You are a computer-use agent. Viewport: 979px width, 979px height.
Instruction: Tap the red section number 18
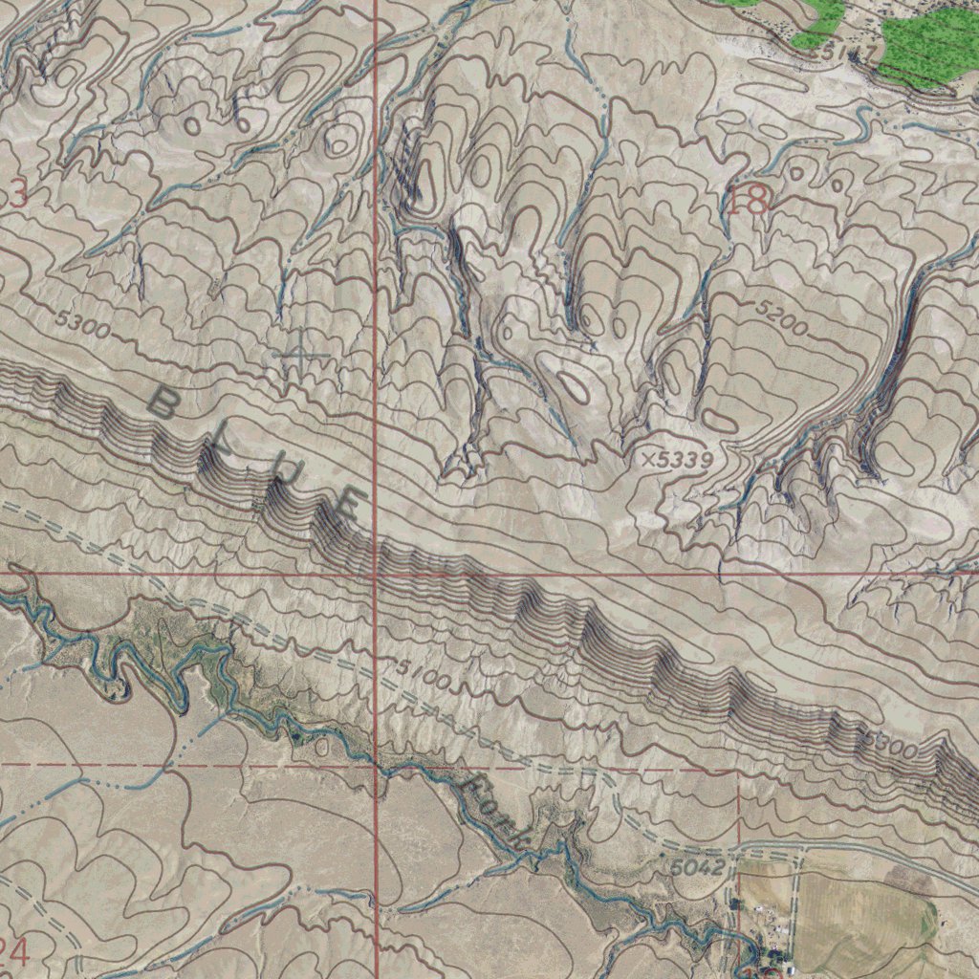click(748, 201)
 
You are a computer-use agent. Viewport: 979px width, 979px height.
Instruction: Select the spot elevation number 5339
click(685, 460)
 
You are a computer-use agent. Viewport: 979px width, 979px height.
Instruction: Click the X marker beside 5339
click(650, 460)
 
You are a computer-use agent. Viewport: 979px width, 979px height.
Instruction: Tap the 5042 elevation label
click(697, 867)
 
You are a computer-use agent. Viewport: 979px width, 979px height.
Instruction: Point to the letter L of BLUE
click(217, 447)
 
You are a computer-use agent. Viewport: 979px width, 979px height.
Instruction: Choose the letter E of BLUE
click(346, 505)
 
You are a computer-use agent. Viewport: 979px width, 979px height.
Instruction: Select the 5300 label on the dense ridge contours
click(889, 743)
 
